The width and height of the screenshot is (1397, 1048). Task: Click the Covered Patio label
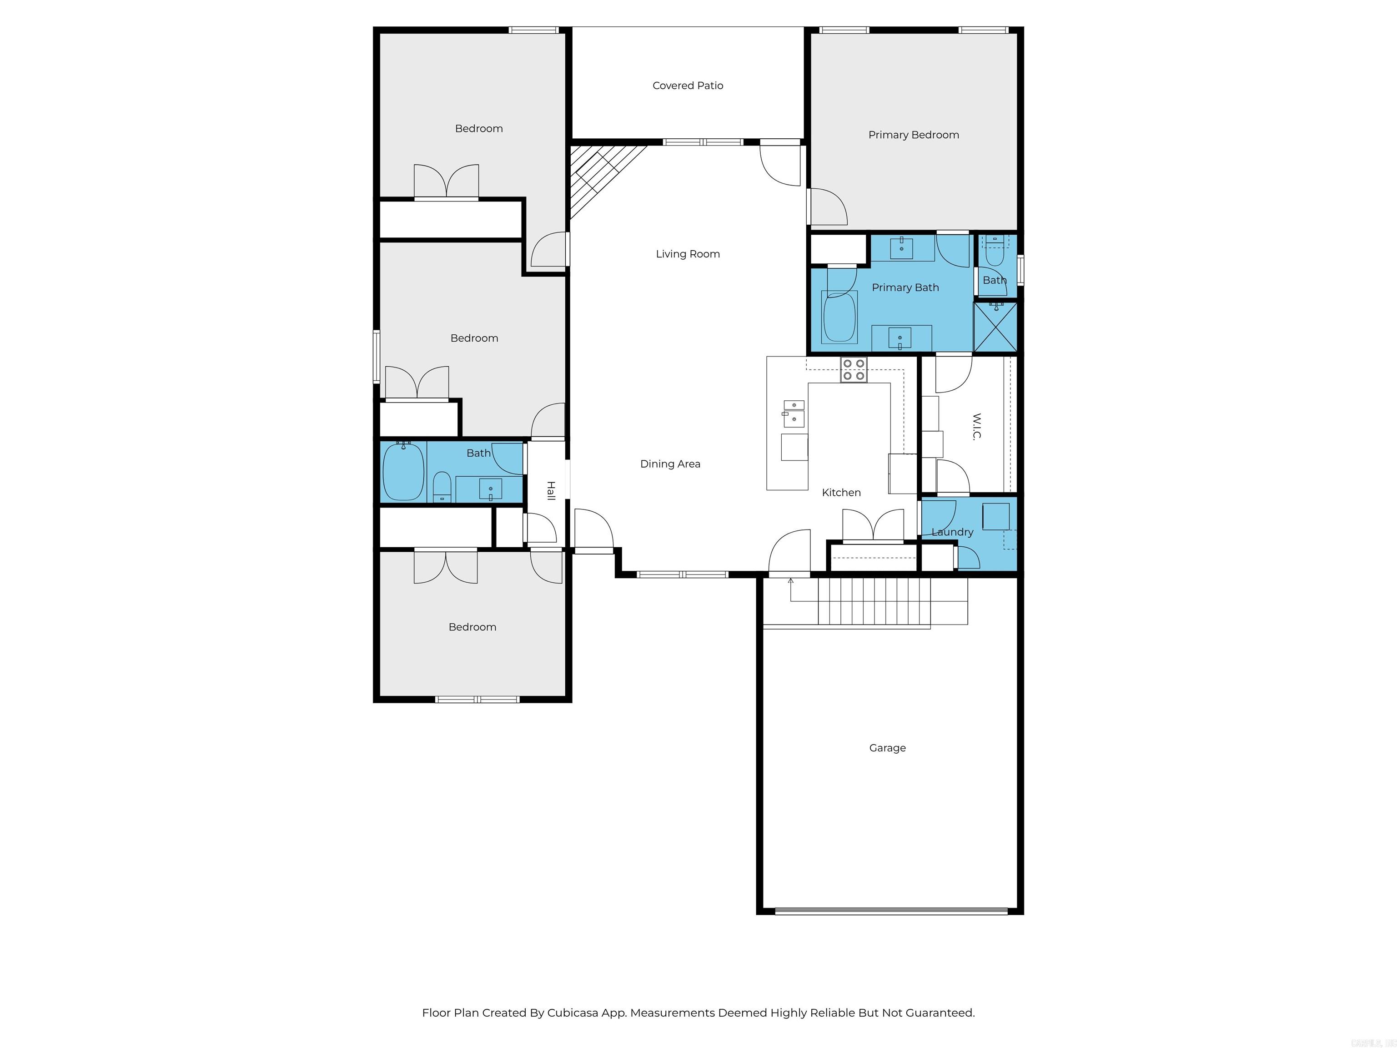pos(687,85)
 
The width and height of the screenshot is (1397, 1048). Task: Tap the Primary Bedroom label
pos(913,135)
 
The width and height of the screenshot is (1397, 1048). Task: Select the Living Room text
pos(687,254)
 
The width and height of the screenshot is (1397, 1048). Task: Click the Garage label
pos(887,747)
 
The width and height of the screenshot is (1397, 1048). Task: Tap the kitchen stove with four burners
pos(853,369)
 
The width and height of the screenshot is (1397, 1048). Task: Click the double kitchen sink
pos(794,413)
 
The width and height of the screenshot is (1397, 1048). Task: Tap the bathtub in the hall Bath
pos(403,472)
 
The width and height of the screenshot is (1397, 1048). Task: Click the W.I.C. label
pos(976,426)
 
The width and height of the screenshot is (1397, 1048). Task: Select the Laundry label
pos(952,532)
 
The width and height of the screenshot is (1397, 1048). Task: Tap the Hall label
pos(551,490)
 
